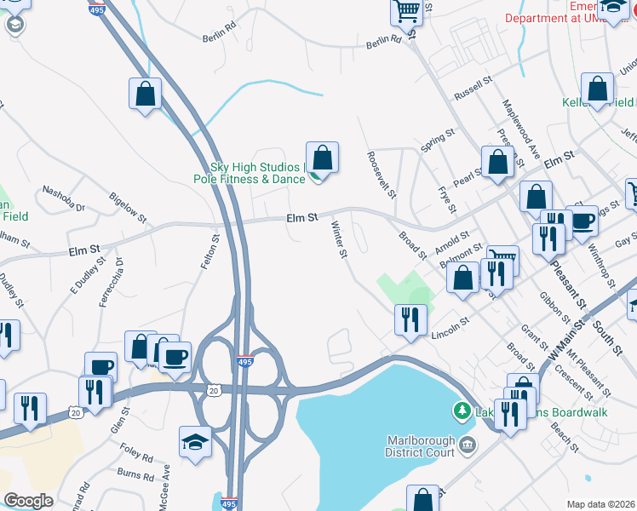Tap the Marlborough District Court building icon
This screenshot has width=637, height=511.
pyautogui.click(x=468, y=445)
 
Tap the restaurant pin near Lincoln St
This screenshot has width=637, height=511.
pyautogui.click(x=410, y=319)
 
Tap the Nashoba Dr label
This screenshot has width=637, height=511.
pyautogui.click(x=64, y=198)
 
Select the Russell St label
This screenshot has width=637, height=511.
pyautogui.click(x=474, y=88)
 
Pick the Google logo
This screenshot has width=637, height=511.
pyautogui.click(x=28, y=501)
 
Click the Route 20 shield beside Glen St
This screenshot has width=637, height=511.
pyautogui.click(x=76, y=412)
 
